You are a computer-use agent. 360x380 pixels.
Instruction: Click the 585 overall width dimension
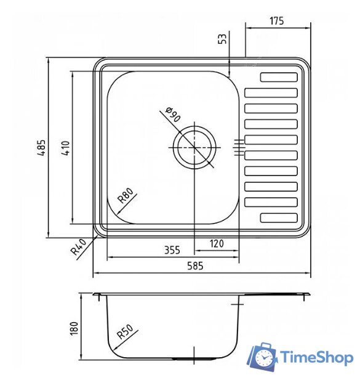click(x=195, y=266)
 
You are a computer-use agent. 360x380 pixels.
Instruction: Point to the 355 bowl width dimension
click(x=172, y=250)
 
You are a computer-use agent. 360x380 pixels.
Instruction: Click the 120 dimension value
click(x=217, y=243)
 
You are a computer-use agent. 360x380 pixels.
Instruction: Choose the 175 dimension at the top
click(x=276, y=21)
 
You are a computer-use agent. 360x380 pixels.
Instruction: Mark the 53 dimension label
click(x=223, y=39)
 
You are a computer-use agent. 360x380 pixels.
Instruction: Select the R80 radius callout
click(x=126, y=198)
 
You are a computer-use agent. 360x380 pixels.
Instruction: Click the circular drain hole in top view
click(x=195, y=148)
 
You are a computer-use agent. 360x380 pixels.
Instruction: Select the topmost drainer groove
click(x=279, y=78)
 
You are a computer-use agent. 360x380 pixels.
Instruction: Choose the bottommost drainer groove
click(x=279, y=217)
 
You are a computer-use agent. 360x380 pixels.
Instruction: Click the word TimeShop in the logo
click(x=317, y=357)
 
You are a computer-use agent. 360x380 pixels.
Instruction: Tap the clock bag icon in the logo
click(x=263, y=357)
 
